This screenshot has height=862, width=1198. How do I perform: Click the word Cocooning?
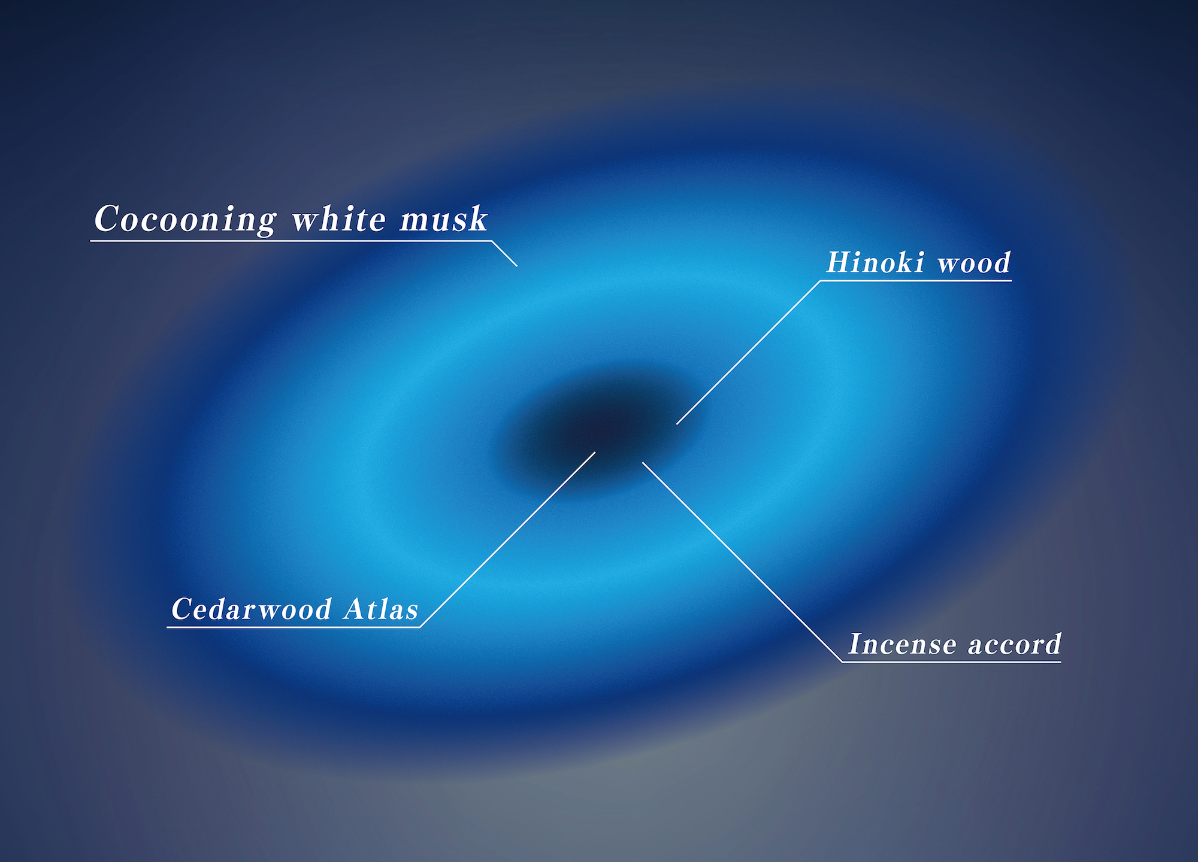tap(185, 220)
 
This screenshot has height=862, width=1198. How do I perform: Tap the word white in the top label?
tap(338, 218)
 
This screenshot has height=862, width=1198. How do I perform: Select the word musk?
tap(444, 218)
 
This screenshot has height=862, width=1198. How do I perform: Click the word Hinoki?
tap(875, 262)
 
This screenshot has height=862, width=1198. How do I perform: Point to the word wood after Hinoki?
tap(974, 263)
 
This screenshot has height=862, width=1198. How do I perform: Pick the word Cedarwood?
tap(251, 609)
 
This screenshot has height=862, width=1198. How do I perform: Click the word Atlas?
tap(381, 609)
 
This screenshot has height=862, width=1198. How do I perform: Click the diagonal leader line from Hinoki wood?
tap(748, 352)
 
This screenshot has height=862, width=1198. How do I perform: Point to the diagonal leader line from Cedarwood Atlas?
tap(508, 539)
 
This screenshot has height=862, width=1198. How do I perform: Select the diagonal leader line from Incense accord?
tap(742, 561)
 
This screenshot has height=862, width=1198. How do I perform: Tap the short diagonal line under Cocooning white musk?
tap(504, 253)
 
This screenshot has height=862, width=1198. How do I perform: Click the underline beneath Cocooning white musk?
tap(291, 241)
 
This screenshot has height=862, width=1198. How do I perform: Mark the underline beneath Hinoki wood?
tap(916, 280)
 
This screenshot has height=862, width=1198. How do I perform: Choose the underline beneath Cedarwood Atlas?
tap(294, 627)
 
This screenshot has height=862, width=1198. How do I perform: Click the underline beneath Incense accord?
tap(951, 661)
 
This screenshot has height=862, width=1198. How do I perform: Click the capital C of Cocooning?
tap(108, 218)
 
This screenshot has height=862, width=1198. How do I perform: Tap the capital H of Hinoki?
tap(840, 262)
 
